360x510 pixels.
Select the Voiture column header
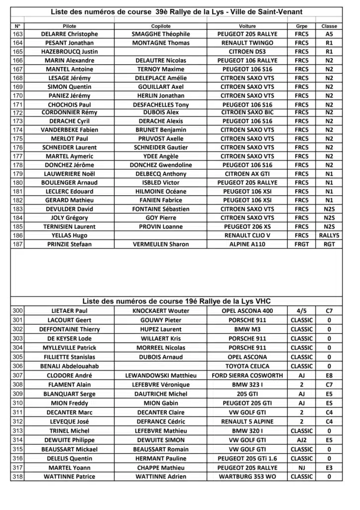[x=247, y=26]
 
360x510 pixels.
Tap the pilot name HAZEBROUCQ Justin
[x=69, y=52]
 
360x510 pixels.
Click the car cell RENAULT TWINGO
[x=247, y=43]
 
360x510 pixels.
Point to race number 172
[x=17, y=113]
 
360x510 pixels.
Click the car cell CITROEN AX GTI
[x=247, y=174]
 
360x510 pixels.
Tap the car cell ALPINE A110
[x=247, y=244]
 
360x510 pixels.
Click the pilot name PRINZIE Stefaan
[x=69, y=244]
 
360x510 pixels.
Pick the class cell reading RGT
[x=329, y=244]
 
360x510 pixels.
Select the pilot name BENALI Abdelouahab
[x=69, y=366]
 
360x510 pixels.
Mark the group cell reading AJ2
[x=301, y=440]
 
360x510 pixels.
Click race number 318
[x=17, y=477]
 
